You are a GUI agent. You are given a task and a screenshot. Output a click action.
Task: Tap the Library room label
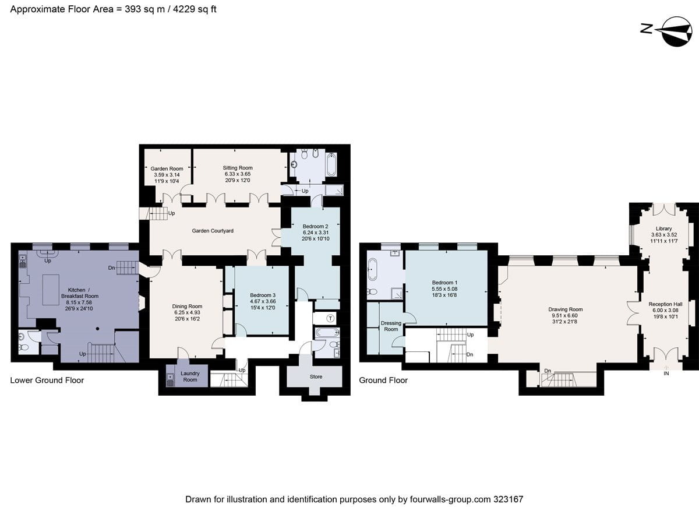[x=663, y=228]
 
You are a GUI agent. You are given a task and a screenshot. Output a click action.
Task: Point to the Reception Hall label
[x=665, y=304]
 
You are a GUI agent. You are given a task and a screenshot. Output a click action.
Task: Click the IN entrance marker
[x=666, y=374]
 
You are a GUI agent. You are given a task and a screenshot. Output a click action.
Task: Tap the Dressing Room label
[x=391, y=326]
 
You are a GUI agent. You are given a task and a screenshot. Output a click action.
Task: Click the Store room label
[x=316, y=376]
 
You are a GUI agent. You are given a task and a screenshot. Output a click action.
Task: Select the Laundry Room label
[x=189, y=376]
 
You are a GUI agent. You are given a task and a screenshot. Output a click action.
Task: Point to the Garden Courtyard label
[x=213, y=231]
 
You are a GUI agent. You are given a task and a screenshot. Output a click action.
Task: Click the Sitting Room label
[x=237, y=167]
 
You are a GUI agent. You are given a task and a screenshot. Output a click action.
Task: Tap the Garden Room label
[x=167, y=168]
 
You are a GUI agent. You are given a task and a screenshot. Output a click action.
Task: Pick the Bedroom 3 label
[x=262, y=295]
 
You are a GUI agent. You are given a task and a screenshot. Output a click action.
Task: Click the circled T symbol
[x=330, y=318]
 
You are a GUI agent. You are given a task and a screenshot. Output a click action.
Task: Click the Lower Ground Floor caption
[x=47, y=380]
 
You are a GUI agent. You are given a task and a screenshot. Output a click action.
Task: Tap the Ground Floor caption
[x=383, y=380]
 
